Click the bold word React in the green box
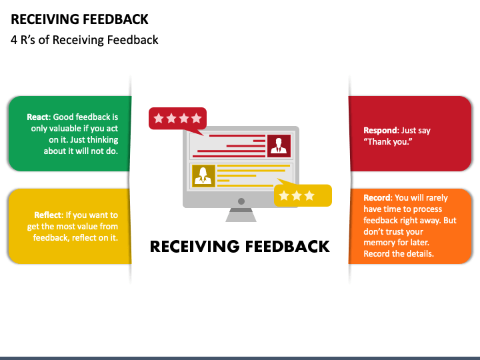(x=38, y=117)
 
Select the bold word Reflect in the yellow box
(x=48, y=215)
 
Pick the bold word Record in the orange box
(x=377, y=198)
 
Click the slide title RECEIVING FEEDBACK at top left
(x=80, y=19)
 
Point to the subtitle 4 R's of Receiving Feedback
(x=85, y=40)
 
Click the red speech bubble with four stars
(x=177, y=119)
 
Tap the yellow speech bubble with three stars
(x=303, y=195)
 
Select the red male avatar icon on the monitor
(x=278, y=145)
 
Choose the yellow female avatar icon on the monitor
(x=203, y=175)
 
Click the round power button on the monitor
(x=241, y=201)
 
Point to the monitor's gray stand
(x=241, y=215)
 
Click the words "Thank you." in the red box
(x=386, y=142)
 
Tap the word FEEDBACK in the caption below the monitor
(x=287, y=247)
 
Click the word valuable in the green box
(x=65, y=128)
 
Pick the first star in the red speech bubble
(x=159, y=119)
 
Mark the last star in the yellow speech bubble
(x=310, y=195)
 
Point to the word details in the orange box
(x=419, y=254)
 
